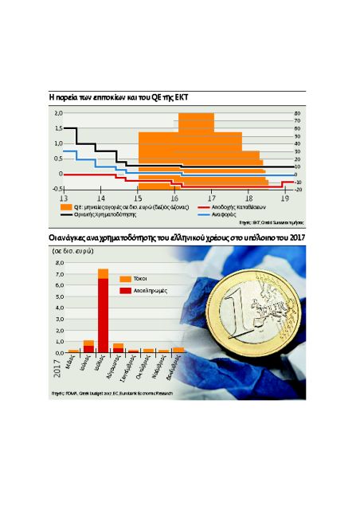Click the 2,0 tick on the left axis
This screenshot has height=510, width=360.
pos(58,113)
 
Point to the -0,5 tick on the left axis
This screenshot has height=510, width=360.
pos(57,189)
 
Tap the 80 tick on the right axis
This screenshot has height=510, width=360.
pos(297,113)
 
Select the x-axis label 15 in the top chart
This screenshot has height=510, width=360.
pos(138,197)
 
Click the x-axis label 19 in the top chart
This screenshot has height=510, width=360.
pos(285,197)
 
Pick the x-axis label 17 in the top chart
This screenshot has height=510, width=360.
pos(212,197)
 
